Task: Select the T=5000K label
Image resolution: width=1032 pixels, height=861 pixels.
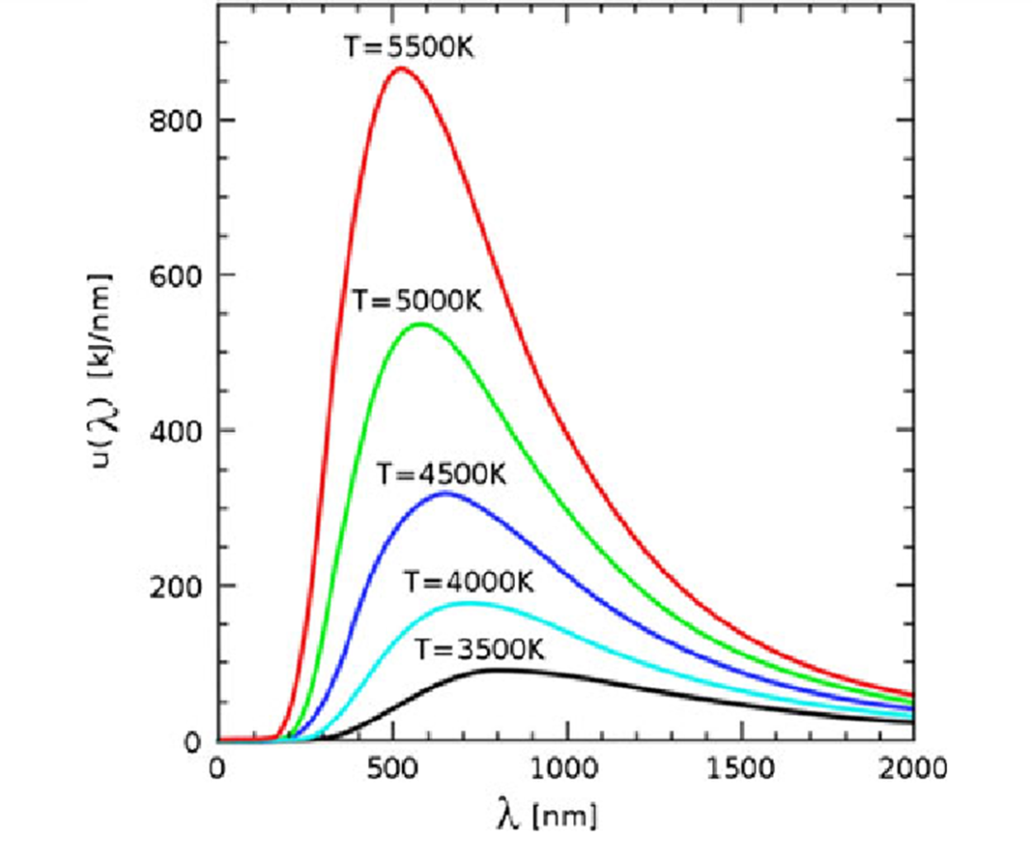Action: (x=417, y=301)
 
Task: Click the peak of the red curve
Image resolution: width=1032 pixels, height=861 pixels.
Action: (x=401, y=68)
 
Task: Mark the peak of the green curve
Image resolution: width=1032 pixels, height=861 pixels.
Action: (x=420, y=324)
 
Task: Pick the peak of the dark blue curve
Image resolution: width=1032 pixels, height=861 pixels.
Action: (x=444, y=493)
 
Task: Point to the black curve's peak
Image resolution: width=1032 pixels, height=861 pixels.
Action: (x=500, y=670)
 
